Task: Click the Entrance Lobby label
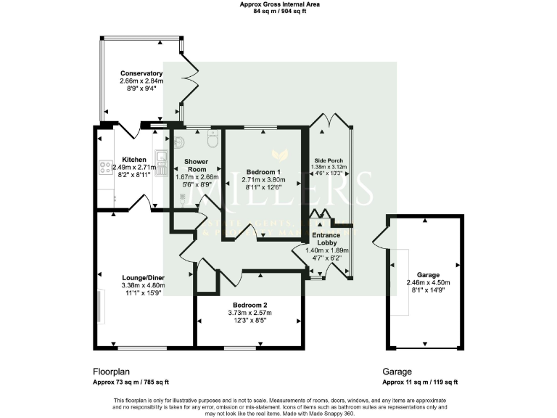tap(330, 239)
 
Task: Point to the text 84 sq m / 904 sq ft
tap(278, 12)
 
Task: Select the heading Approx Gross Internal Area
tap(278, 4)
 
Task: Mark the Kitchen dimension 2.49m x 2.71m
tap(134, 168)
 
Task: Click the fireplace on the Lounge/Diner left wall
tap(99, 306)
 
